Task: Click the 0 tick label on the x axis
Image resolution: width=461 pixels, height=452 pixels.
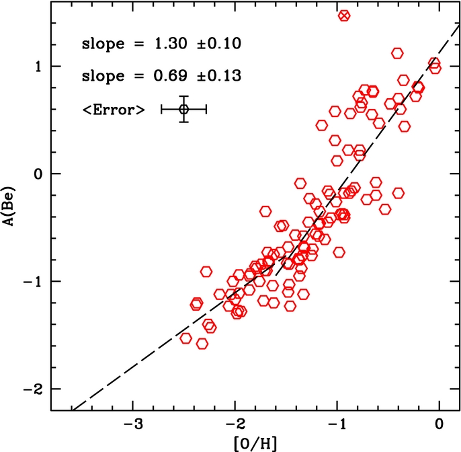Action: point(439,425)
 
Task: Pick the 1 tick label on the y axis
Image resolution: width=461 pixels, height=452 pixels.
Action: point(39,66)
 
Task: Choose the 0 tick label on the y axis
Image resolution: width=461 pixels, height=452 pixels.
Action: point(39,174)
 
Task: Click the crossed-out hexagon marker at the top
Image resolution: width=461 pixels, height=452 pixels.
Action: point(344,15)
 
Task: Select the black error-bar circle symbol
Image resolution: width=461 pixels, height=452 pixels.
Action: point(183,109)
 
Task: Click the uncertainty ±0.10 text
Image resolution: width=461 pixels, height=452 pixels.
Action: point(216,44)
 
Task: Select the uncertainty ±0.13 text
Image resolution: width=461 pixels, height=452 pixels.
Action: point(216,75)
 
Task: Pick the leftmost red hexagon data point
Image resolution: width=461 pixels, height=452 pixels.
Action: point(186,338)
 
